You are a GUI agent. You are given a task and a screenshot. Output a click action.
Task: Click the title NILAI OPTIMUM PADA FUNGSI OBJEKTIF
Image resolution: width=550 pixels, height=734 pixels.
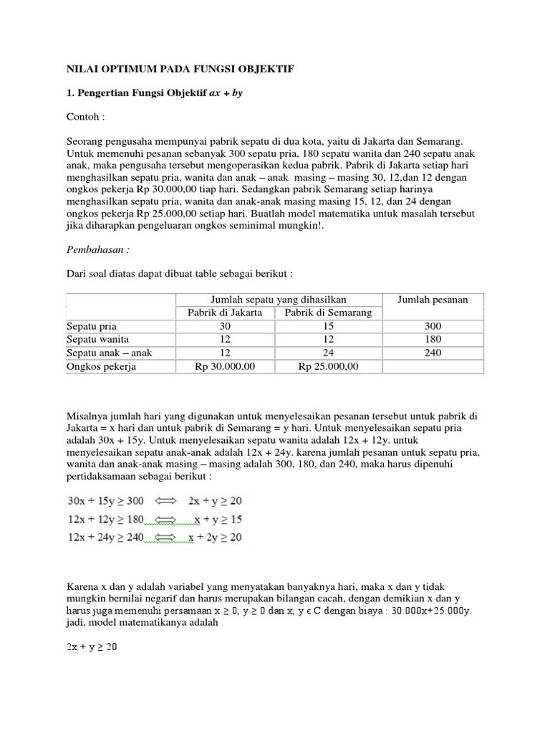[180, 69]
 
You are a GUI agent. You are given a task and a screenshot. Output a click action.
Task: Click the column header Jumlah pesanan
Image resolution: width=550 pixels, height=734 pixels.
[433, 300]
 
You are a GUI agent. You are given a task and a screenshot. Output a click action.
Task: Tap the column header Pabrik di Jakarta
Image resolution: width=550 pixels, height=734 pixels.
[224, 313]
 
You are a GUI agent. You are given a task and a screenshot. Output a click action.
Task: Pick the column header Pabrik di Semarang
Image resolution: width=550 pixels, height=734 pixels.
[328, 313]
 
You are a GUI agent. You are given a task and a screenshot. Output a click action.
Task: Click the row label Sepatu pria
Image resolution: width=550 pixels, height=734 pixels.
[91, 326]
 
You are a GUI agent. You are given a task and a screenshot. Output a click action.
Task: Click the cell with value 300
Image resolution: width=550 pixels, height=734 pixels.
[433, 326]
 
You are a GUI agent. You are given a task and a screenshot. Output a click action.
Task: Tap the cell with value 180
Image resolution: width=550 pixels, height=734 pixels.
[433, 339]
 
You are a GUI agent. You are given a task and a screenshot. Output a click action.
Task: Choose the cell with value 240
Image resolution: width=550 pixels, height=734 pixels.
[433, 353]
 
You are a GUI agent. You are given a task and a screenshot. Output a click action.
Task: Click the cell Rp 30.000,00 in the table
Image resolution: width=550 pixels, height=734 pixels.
[224, 366]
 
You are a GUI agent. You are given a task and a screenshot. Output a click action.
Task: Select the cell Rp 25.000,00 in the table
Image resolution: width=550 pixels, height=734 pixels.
[328, 366]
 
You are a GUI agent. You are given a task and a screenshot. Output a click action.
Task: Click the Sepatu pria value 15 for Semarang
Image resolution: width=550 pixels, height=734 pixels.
[328, 326]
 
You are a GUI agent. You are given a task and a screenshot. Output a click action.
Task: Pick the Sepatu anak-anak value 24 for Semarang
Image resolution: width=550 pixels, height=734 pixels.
[328, 353]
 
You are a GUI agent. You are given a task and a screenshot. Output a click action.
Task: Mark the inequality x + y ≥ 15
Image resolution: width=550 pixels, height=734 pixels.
[218, 518]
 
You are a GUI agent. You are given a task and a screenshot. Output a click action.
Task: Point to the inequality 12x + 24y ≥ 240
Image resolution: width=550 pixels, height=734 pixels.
[105, 536]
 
